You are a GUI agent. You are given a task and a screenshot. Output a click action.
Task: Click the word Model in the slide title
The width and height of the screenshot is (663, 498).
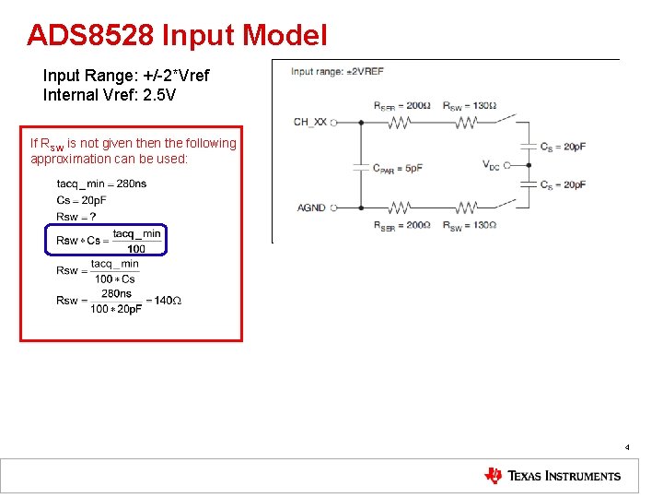pos(285,35)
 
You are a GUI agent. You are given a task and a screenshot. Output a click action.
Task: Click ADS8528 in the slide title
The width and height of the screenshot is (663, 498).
pos(90,35)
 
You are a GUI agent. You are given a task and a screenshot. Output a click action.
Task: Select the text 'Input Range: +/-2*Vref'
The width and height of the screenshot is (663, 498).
pos(126,75)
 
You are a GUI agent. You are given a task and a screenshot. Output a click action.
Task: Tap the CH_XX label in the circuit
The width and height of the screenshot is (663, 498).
pos(309,122)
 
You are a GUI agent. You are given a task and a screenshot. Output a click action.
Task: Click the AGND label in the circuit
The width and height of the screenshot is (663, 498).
pos(311,207)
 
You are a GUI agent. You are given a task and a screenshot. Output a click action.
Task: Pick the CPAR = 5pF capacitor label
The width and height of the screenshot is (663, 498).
pos(398,167)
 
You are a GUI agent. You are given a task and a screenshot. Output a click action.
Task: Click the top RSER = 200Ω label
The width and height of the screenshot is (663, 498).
pos(401,105)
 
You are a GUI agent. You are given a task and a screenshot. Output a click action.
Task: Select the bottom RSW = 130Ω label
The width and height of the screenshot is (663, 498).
pos(470,225)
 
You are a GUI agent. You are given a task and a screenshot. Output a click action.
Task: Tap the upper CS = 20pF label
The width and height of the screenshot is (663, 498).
pos(563,147)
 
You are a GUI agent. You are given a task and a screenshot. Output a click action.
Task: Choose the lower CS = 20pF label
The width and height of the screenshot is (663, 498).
pos(563,184)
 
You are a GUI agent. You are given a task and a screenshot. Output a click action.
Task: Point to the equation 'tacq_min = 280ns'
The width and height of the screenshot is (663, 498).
pos(101,184)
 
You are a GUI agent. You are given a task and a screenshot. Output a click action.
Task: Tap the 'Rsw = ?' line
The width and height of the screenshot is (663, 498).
pos(76,216)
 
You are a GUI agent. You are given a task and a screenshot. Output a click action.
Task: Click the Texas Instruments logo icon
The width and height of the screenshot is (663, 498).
pos(494,476)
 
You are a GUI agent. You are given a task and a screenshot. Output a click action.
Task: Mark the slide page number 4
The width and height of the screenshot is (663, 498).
pos(627,447)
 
